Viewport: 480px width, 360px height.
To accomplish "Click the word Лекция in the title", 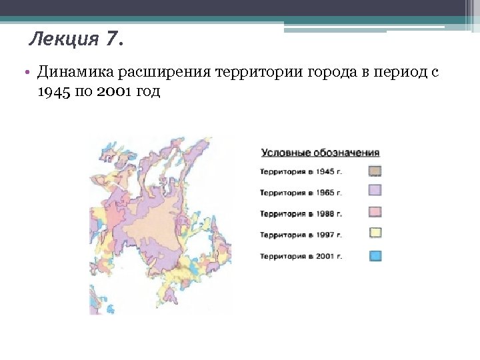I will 65,41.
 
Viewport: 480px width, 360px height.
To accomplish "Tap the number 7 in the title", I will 111,41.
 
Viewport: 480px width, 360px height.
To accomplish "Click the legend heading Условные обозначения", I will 320,153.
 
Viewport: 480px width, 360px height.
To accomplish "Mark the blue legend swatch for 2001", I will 375,255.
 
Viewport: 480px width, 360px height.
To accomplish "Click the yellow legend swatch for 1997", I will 375,234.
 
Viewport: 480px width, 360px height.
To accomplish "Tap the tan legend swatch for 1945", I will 375,171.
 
